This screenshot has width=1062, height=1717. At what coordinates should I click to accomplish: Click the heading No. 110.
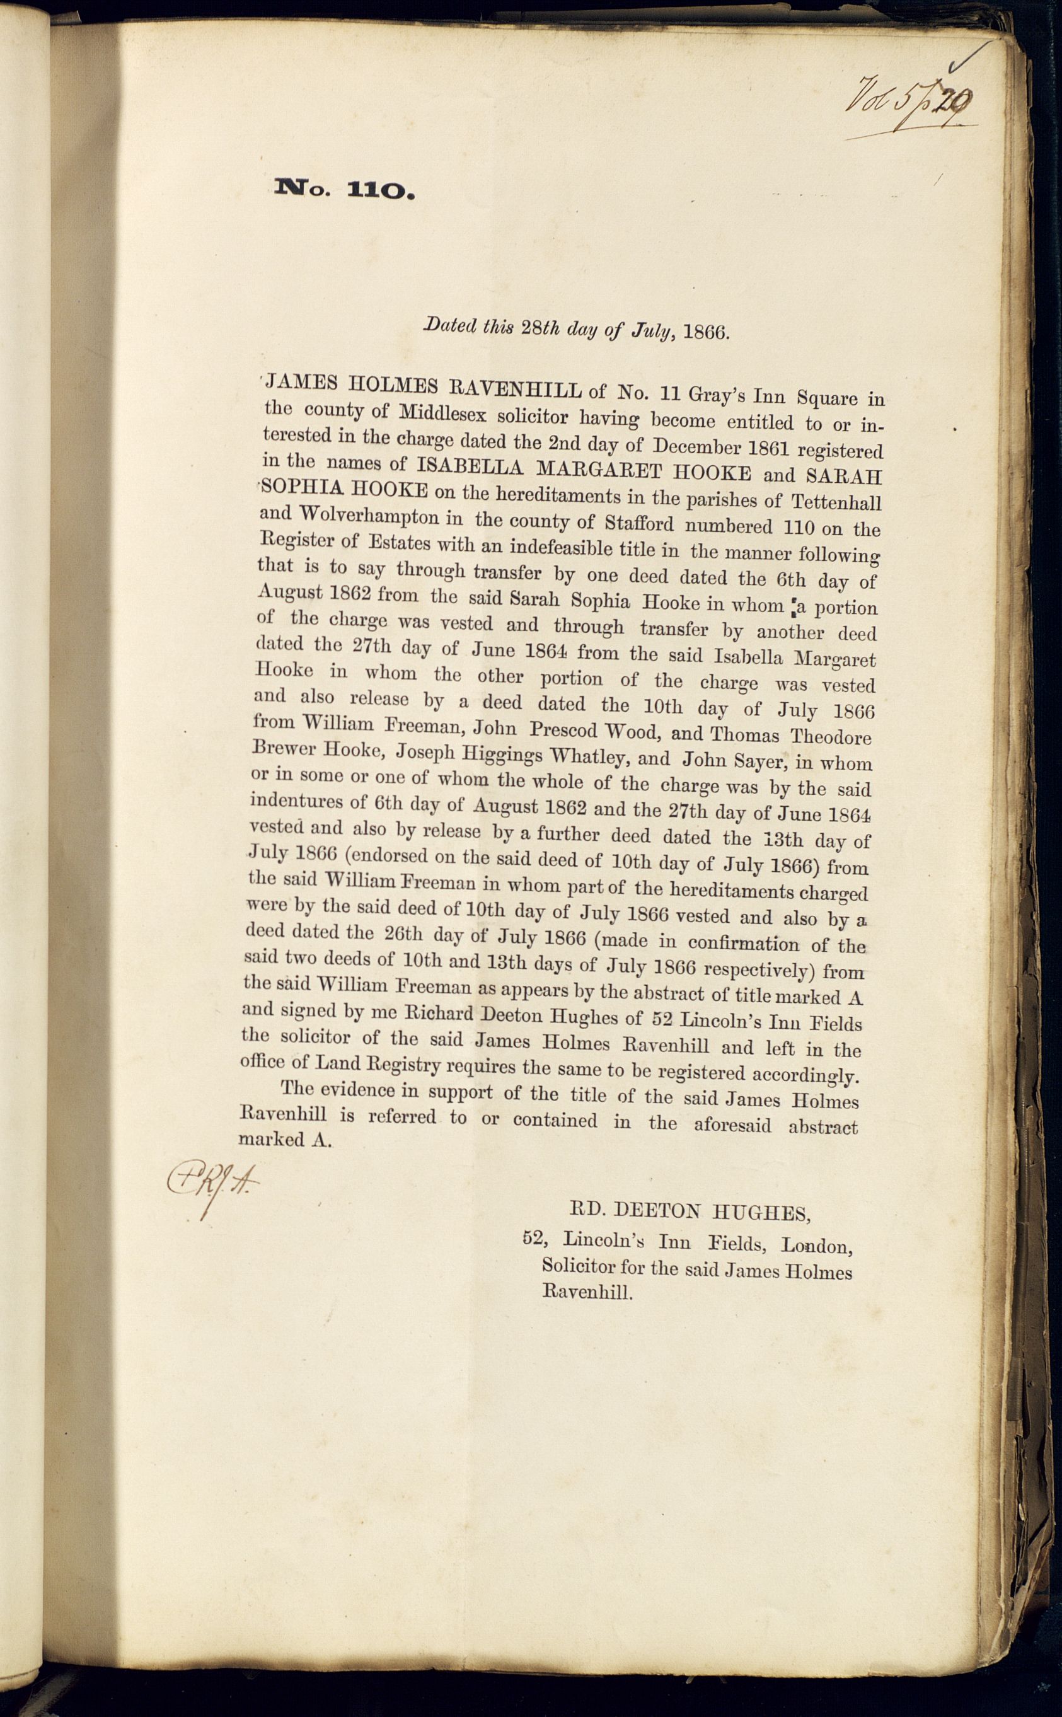[345, 189]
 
